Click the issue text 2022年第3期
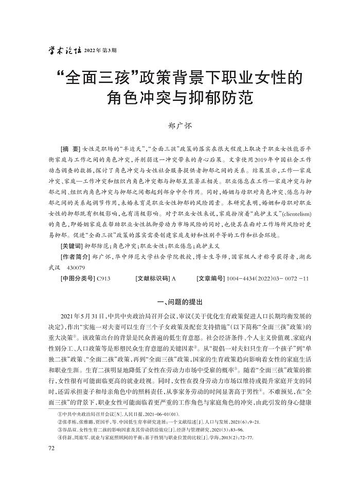100,50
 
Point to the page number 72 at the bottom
50,448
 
